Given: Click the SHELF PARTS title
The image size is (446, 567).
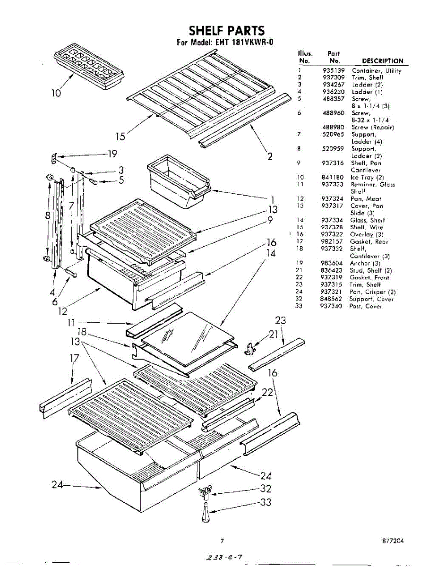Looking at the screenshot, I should [x=226, y=31].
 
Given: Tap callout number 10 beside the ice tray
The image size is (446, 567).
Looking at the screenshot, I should [x=56, y=93].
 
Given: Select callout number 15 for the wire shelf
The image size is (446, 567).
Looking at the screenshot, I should [x=121, y=137].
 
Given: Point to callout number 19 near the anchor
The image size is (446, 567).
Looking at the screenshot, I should [x=112, y=154].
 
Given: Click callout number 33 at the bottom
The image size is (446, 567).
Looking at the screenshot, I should [x=266, y=502].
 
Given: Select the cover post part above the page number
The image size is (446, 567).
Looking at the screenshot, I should [x=206, y=514].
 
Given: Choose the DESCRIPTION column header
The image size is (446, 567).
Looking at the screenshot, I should [x=382, y=61].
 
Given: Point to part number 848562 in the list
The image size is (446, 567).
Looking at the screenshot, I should [x=332, y=299].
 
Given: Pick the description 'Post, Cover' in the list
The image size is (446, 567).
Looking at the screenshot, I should [x=365, y=306].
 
